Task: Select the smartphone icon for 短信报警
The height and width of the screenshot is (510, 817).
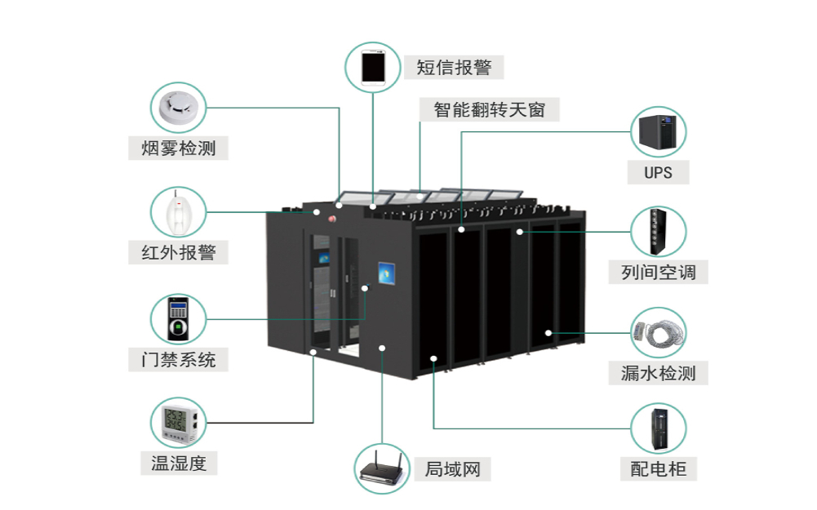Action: pos(373,65)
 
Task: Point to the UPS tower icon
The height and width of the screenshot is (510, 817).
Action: pos(658,132)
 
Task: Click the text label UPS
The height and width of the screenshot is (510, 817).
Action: pos(658,173)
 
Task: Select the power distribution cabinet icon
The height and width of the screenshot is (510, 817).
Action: pos(658,428)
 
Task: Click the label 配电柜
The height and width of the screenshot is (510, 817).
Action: pos(658,469)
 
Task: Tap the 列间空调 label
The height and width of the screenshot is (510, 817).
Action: pos(658,273)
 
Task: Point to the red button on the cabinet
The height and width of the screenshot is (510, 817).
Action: pos(333,219)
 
